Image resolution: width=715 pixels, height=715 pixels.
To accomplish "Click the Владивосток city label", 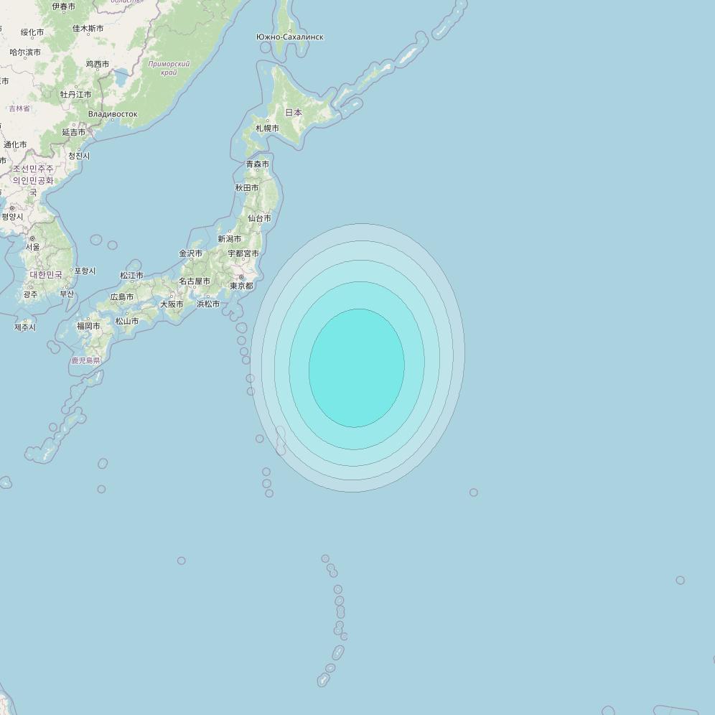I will (x=113, y=114).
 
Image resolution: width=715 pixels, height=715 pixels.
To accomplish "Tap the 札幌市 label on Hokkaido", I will (x=267, y=128).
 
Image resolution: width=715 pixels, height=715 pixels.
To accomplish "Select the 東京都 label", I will (x=241, y=286).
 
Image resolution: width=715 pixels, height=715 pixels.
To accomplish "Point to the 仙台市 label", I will (x=259, y=218).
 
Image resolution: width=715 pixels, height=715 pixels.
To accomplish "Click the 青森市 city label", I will (x=258, y=164).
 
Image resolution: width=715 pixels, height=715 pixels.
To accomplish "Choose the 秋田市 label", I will (x=247, y=188).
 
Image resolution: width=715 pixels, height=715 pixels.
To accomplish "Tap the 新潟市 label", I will (x=230, y=239).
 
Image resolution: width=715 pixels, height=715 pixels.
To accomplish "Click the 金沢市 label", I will (x=190, y=253).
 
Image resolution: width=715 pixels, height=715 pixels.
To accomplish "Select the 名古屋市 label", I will (x=195, y=281).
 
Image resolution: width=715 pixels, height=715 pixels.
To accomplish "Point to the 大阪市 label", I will (x=172, y=304).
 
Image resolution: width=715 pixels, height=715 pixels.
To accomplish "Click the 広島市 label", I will (x=122, y=297).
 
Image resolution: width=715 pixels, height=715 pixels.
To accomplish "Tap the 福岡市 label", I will (x=88, y=326).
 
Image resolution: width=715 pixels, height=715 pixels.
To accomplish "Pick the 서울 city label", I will (x=33, y=247).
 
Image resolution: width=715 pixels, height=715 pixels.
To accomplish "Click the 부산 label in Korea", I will (x=67, y=294).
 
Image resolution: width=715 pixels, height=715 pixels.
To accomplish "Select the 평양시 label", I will (x=12, y=217).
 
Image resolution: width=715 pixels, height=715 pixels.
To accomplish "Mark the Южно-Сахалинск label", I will (x=289, y=37).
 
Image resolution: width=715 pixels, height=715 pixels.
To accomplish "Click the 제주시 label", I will (x=24, y=327).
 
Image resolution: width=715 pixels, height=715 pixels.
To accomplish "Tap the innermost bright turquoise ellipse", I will (x=357, y=368).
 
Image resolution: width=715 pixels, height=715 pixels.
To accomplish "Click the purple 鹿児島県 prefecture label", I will (x=85, y=360).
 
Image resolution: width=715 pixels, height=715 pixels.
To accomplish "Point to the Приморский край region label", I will (x=169, y=68).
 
